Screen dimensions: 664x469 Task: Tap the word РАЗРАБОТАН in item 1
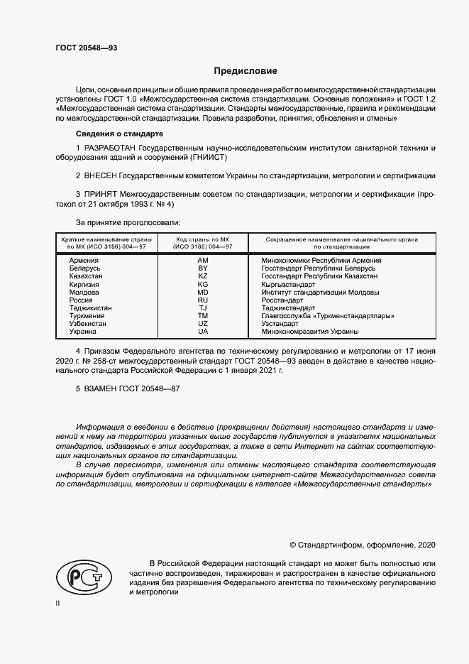tap(109, 147)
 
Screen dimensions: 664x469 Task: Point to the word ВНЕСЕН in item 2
tap(100, 175)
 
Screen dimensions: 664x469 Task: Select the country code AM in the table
tap(203, 261)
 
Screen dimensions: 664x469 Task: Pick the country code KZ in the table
tap(203, 276)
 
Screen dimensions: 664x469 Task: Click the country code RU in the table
tap(203, 300)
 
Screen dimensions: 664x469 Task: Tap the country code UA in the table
tap(203, 332)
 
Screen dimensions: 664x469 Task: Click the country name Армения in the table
tap(84, 261)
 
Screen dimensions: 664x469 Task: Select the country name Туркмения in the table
tap(87, 316)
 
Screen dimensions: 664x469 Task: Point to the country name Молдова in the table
tap(84, 293)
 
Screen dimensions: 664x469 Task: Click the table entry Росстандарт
tap(283, 300)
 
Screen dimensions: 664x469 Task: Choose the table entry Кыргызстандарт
tap(288, 284)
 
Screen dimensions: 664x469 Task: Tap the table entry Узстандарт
tap(281, 324)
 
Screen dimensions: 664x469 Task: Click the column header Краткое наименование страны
tap(104, 239)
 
